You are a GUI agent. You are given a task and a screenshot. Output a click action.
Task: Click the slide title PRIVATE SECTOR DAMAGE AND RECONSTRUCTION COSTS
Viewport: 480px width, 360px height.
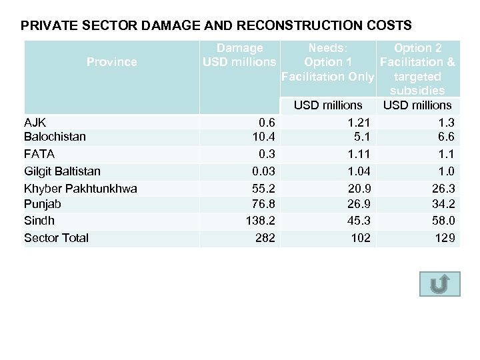pyautogui.click(x=216, y=26)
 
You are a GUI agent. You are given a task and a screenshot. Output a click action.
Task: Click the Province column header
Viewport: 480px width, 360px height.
pyautogui.click(x=111, y=62)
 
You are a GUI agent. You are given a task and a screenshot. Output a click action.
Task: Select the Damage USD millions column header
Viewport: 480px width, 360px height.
pyautogui.click(x=239, y=55)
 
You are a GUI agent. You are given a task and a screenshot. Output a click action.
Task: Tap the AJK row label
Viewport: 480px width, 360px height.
pyautogui.click(x=35, y=122)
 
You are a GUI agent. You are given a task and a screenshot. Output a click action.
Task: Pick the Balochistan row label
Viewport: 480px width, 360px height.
pyautogui.click(x=55, y=137)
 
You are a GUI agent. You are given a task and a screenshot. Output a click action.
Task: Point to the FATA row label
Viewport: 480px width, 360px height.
pyautogui.click(x=39, y=154)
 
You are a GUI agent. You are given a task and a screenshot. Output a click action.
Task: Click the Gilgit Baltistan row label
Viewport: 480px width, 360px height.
pyautogui.click(x=62, y=171)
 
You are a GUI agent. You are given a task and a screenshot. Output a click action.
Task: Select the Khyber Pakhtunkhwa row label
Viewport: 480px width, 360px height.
pyautogui.click(x=80, y=189)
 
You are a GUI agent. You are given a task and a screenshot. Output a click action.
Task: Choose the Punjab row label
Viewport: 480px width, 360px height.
pyautogui.click(x=42, y=204)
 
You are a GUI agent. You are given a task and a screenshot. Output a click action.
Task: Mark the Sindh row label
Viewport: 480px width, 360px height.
pyautogui.click(x=39, y=221)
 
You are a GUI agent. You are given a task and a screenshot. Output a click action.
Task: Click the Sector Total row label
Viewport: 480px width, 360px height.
pyautogui.click(x=56, y=238)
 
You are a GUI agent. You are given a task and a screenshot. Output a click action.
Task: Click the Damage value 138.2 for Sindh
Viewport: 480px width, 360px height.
pyautogui.click(x=261, y=221)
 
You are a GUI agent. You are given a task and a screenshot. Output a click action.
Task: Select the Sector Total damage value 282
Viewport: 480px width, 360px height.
pyautogui.click(x=265, y=238)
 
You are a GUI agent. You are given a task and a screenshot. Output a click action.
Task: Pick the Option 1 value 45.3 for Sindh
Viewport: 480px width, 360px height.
pyautogui.click(x=359, y=221)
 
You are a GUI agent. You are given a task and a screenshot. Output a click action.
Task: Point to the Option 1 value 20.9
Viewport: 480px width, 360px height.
pyautogui.click(x=359, y=189)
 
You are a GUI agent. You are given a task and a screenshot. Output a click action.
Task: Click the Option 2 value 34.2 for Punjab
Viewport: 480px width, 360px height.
pyautogui.click(x=443, y=204)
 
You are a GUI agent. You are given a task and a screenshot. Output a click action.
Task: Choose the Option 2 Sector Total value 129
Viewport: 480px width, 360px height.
pyautogui.click(x=445, y=238)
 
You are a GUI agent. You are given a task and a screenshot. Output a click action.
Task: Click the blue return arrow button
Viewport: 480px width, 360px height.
pyautogui.click(x=439, y=283)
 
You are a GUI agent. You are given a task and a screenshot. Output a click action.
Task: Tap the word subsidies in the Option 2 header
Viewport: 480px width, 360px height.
pyautogui.click(x=417, y=90)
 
